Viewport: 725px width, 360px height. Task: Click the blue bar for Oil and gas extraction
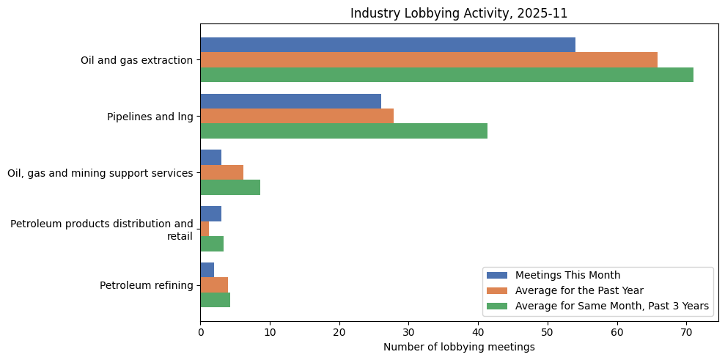(388, 45)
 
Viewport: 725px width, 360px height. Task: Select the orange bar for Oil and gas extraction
(429, 60)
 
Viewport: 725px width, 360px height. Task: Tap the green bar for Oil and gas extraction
(446, 75)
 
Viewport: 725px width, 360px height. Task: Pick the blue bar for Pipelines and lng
(291, 101)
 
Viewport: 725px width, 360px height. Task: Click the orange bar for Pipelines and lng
(297, 116)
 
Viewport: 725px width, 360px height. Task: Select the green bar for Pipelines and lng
(344, 131)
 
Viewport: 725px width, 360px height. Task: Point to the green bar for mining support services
(230, 187)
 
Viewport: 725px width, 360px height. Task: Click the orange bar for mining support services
(222, 172)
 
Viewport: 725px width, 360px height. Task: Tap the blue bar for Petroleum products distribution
(211, 214)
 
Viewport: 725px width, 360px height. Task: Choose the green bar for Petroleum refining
(216, 300)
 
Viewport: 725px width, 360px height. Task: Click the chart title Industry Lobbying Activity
(459, 13)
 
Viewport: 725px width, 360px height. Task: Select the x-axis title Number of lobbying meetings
(459, 346)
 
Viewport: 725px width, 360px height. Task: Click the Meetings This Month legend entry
(567, 275)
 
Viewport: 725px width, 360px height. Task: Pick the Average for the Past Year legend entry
(579, 290)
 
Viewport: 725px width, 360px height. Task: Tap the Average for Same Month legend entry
(612, 306)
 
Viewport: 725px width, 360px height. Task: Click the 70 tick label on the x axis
(686, 331)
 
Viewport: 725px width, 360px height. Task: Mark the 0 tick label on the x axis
(201, 331)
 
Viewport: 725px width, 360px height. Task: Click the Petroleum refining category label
(147, 285)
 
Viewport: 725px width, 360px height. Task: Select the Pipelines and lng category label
(150, 116)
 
